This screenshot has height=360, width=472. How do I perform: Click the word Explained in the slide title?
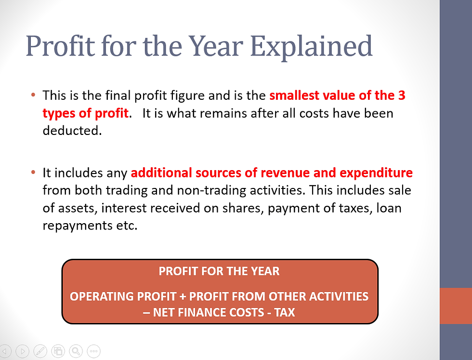(312, 46)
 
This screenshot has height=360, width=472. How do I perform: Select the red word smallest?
(298, 95)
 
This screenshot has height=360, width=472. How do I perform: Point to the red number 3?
(402, 95)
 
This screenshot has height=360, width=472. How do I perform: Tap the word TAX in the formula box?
(284, 312)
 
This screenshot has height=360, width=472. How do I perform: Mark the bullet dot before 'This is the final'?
(33, 95)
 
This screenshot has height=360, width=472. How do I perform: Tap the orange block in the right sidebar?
(456, 306)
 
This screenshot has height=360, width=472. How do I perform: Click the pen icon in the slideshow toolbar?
(40, 351)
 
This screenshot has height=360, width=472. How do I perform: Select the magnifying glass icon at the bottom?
(76, 351)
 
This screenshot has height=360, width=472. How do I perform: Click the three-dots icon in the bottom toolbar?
(93, 351)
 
